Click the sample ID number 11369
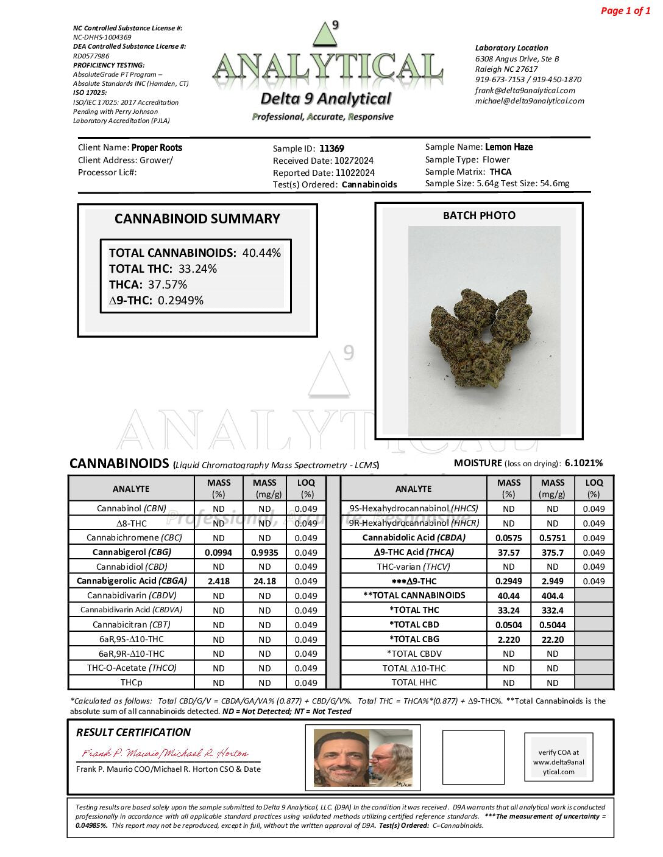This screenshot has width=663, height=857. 331,149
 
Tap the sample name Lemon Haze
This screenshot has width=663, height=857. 509,147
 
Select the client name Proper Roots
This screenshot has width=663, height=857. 157,148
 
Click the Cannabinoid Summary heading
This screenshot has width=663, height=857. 197,219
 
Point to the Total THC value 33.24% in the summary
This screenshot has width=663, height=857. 197,269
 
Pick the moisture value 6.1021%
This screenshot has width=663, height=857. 583,463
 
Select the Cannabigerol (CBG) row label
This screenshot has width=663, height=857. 132,552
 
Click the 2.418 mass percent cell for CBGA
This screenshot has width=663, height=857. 219,581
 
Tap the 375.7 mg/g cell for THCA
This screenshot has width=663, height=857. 552,553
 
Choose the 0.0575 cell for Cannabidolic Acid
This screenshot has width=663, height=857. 508,538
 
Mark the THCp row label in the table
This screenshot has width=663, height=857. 132,683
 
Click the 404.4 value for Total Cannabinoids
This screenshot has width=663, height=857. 552,596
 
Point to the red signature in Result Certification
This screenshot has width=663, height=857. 165,754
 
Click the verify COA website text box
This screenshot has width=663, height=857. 558,762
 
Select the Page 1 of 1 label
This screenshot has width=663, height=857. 625,11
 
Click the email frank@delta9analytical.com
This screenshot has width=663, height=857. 525,91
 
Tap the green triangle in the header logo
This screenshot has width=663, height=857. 325,36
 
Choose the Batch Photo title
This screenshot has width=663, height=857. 479,215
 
